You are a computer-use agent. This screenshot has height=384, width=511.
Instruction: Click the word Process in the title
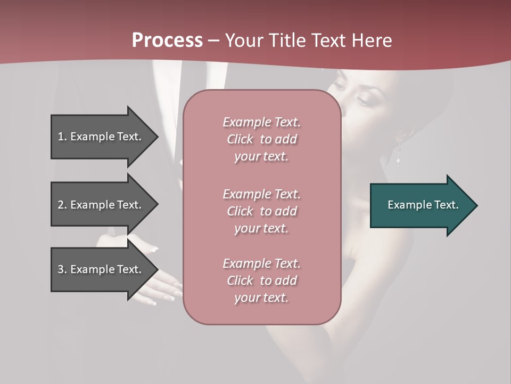point(167,41)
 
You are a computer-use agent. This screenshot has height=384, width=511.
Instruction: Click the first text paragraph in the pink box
point(261,139)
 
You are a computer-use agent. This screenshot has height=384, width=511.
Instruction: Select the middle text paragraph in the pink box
point(261,211)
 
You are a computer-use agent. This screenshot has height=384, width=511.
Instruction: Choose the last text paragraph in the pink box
point(261,281)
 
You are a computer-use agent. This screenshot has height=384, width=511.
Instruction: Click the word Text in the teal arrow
point(446,205)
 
